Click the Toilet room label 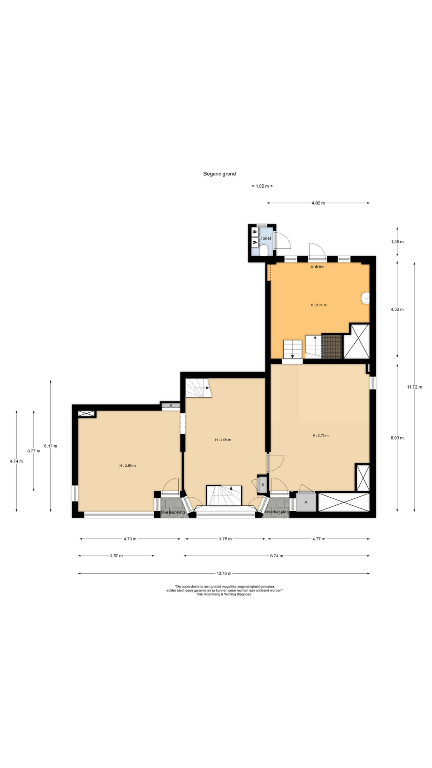(x=266, y=238)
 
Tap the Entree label (x=317, y=266)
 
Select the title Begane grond (x=220, y=174)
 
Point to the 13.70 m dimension (x=224, y=574)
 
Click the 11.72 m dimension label (x=414, y=387)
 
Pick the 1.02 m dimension (x=262, y=186)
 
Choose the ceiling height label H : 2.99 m (x=223, y=440)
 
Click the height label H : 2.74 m (x=318, y=305)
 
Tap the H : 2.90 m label (x=128, y=466)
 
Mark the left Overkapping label (x=173, y=512)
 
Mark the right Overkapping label (x=277, y=512)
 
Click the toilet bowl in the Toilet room (x=264, y=250)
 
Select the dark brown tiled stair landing (x=332, y=347)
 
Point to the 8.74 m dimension (x=276, y=556)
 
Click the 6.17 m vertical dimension (x=50, y=446)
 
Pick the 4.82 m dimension (x=318, y=203)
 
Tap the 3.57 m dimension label (x=116, y=556)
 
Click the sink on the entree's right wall (x=365, y=298)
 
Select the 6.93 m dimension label (x=397, y=438)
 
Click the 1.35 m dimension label (x=397, y=242)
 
